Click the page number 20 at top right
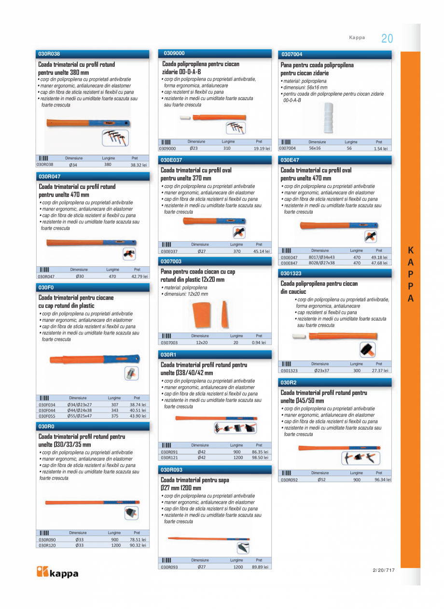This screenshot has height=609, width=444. click(387, 39)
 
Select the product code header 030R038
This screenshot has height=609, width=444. click(49, 54)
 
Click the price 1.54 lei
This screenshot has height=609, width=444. click(380, 149)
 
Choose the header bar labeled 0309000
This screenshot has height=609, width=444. click(174, 53)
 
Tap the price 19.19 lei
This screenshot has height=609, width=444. click(262, 149)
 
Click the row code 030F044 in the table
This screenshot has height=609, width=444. click(47, 410)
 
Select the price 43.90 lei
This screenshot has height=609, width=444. click(138, 416)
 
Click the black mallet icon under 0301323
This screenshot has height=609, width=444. click(368, 349)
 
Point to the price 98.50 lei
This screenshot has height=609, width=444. click(260, 457)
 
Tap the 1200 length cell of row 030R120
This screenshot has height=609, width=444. click(116, 545)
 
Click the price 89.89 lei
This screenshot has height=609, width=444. click(260, 567)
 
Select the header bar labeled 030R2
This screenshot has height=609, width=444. click(289, 382)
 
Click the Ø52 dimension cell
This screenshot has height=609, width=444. click(321, 480)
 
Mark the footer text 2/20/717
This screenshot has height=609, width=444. click(384, 570)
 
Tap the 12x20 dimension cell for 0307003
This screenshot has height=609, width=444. click(202, 342)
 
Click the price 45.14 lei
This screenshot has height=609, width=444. click(261, 251)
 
